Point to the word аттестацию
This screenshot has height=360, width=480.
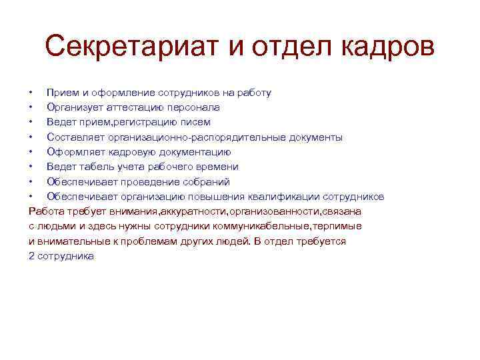(x=126, y=107)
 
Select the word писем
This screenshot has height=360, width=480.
(x=195, y=122)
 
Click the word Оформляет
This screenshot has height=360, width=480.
(x=74, y=152)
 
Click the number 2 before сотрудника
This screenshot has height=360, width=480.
(x=32, y=255)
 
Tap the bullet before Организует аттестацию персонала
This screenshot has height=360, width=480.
(x=30, y=107)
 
